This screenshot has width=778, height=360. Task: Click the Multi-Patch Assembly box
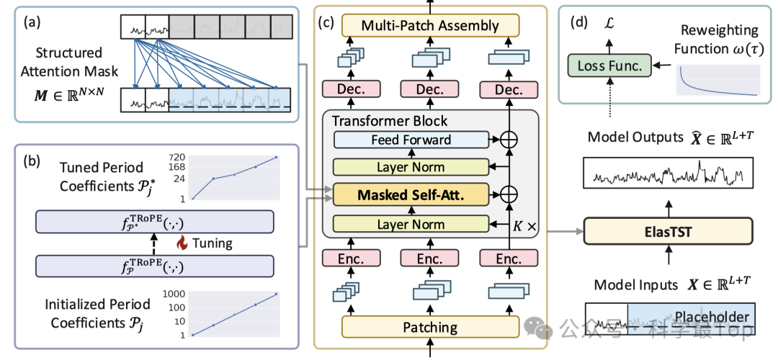tap(430, 25)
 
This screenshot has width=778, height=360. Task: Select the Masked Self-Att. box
tap(411, 195)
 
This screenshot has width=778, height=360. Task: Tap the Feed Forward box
tap(411, 140)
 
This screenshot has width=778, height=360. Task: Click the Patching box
tap(430, 328)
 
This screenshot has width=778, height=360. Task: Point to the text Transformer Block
tap(389, 120)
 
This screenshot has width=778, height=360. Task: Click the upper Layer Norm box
tap(411, 168)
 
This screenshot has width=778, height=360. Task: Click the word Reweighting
tap(716, 30)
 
